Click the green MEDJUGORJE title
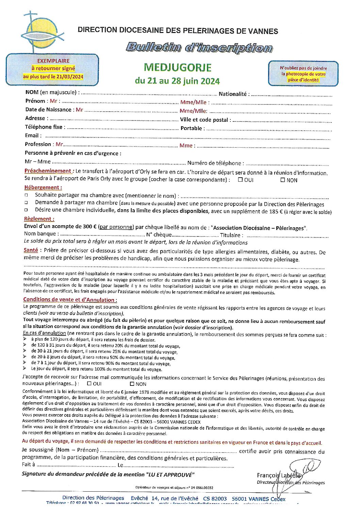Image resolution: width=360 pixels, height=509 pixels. pyautogui.click(x=178, y=67)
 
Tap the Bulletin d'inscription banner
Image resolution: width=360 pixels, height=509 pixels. pyautogui.click(x=199, y=47)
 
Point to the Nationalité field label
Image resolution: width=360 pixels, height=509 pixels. pyautogui.click(x=234, y=94)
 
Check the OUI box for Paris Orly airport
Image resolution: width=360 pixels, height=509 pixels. pyautogui.click(x=240, y=180)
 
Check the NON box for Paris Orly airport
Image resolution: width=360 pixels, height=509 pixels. pyautogui.click(x=282, y=180)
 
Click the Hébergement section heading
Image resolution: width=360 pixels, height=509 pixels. pyautogui.click(x=43, y=187)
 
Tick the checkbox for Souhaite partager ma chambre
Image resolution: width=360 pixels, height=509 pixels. pyautogui.click(x=26, y=195)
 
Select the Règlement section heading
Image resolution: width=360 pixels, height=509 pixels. pyautogui.click(x=39, y=219)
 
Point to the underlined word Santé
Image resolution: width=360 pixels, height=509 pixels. pyautogui.click(x=31, y=250)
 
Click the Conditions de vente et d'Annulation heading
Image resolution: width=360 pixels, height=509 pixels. pyautogui.click(x=70, y=300)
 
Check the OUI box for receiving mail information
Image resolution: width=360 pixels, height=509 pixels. pyautogui.click(x=89, y=383)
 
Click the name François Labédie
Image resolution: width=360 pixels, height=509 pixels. pyautogui.click(x=279, y=475)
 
